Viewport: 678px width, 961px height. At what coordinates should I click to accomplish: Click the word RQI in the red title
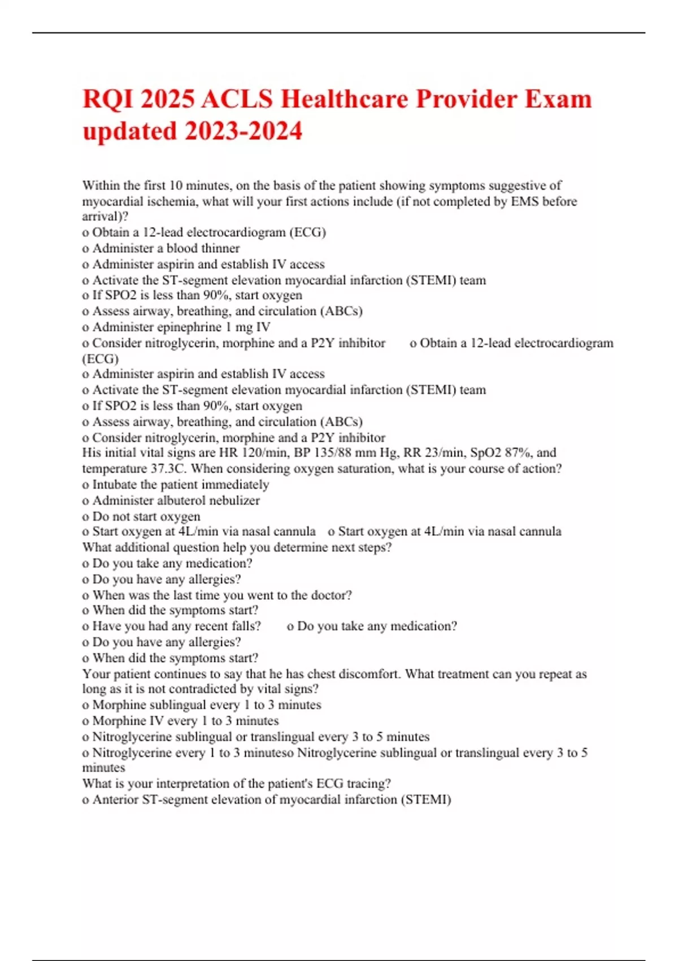coord(107,99)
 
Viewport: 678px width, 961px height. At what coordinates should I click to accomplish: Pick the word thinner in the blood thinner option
coord(217,248)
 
